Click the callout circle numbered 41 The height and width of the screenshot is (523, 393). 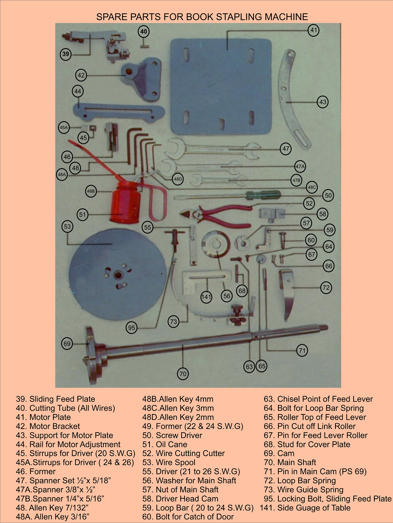point(314,30)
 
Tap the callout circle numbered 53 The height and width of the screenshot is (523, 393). point(67,226)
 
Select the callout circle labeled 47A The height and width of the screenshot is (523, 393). point(300,166)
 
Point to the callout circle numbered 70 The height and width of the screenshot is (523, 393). point(183,374)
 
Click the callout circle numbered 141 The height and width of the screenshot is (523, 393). point(206,297)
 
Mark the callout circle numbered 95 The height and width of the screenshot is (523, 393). point(132,328)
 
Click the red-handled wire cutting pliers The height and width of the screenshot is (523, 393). point(219,215)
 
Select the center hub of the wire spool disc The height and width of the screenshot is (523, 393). point(118,275)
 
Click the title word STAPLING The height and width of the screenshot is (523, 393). point(239,17)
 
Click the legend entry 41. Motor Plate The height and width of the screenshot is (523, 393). point(43,417)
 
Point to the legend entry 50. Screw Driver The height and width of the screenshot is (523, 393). point(172,435)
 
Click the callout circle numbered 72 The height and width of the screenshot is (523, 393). point(326,288)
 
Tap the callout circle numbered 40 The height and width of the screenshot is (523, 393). point(144,31)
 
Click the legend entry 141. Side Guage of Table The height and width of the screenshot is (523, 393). point(305,508)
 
